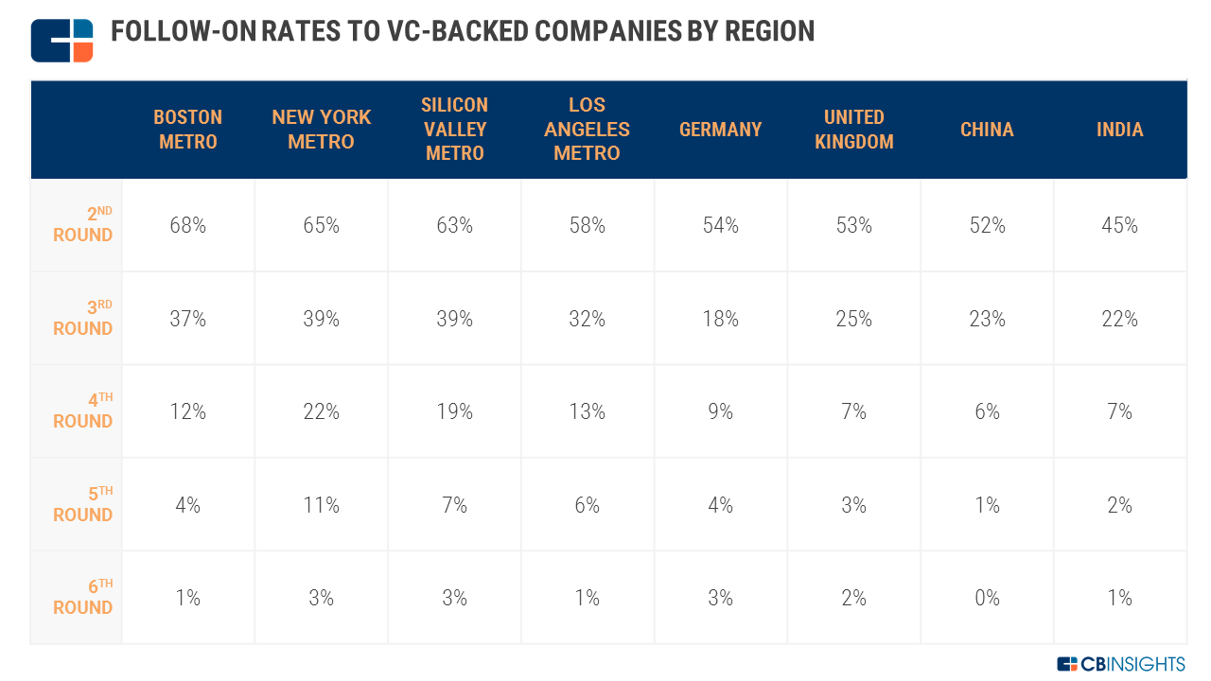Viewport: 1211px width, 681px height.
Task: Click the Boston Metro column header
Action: point(187,130)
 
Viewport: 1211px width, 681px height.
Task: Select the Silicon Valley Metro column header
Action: point(454,130)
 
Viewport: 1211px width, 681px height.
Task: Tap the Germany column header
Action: point(720,130)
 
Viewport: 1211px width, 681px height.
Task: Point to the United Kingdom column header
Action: point(853,130)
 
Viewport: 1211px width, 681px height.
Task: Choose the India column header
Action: point(1119,130)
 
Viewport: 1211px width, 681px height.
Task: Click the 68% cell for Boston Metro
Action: point(187,226)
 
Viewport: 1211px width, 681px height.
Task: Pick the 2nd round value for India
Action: point(1119,226)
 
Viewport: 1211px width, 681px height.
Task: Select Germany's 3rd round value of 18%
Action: point(720,319)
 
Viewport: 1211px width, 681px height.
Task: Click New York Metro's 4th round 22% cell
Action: point(321,411)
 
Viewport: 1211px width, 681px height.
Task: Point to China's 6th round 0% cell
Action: point(987,598)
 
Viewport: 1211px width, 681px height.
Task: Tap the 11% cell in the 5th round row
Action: point(321,505)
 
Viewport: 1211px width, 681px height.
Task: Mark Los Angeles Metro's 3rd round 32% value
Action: point(587,319)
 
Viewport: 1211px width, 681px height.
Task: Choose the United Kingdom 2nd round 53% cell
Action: point(853,226)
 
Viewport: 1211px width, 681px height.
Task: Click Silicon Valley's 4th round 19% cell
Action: point(454,411)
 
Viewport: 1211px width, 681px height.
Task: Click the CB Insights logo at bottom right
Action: point(1120,664)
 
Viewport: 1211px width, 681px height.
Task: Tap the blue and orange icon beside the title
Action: point(62,40)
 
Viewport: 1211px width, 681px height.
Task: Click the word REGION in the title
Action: point(769,31)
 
